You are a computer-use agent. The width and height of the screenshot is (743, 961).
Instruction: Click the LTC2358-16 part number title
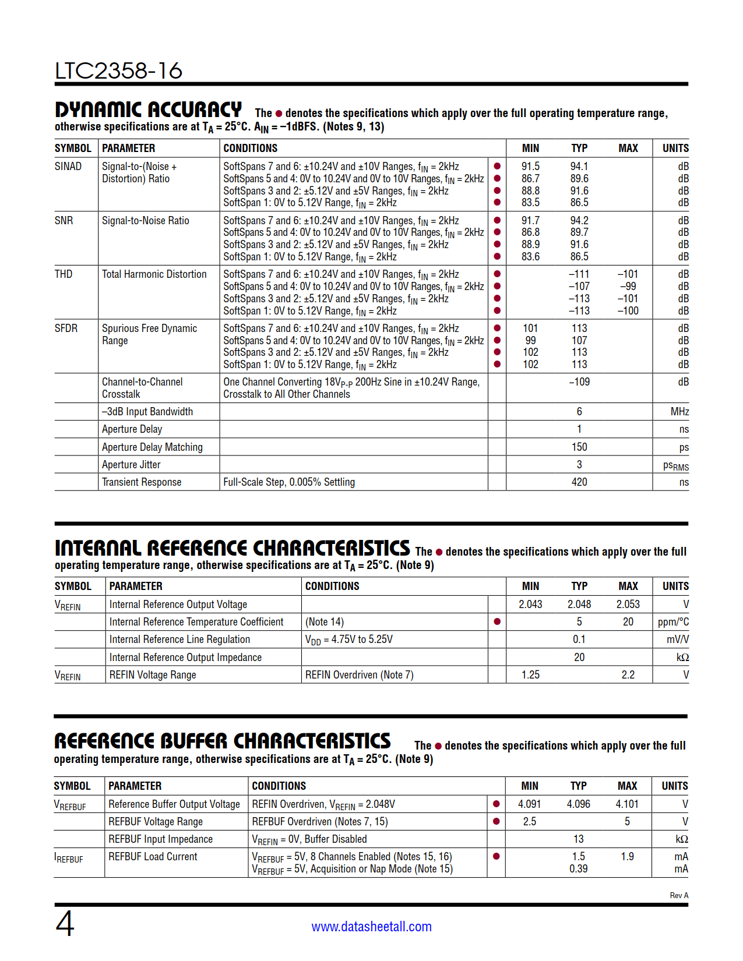tap(118, 71)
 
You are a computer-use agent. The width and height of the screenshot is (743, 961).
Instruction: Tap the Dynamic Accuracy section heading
tap(148, 109)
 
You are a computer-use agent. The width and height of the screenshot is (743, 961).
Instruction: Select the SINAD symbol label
tap(68, 167)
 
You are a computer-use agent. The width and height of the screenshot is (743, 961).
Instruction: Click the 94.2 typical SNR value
tap(579, 221)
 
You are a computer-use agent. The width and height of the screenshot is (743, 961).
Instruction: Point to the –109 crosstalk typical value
tap(579, 382)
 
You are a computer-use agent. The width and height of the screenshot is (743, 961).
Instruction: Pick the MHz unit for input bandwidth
tap(679, 412)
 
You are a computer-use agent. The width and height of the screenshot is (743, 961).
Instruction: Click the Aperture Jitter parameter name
tap(131, 465)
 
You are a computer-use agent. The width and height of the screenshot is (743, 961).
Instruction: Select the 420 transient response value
tap(579, 482)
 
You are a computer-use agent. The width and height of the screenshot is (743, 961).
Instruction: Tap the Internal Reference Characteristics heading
tap(232, 548)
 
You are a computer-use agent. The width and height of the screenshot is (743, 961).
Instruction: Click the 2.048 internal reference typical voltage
tap(579, 605)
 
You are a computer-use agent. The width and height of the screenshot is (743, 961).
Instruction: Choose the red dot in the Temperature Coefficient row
tap(497, 622)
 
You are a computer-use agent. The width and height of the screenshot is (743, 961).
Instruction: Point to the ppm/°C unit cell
tap(673, 622)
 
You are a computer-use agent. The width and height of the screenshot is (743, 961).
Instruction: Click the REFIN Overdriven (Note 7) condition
tap(359, 675)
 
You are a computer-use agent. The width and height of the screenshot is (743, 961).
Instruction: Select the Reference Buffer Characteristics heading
tap(222, 741)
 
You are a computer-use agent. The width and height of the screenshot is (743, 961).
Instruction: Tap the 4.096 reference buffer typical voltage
tap(578, 804)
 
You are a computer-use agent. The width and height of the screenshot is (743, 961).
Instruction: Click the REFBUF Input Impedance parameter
tap(160, 839)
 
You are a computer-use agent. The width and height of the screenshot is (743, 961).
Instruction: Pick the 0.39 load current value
tap(578, 869)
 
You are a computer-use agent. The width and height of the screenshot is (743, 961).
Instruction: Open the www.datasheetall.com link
tap(371, 927)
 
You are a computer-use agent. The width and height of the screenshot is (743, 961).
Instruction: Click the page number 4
tap(65, 924)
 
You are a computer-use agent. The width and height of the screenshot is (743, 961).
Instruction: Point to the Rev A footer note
tap(679, 896)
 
